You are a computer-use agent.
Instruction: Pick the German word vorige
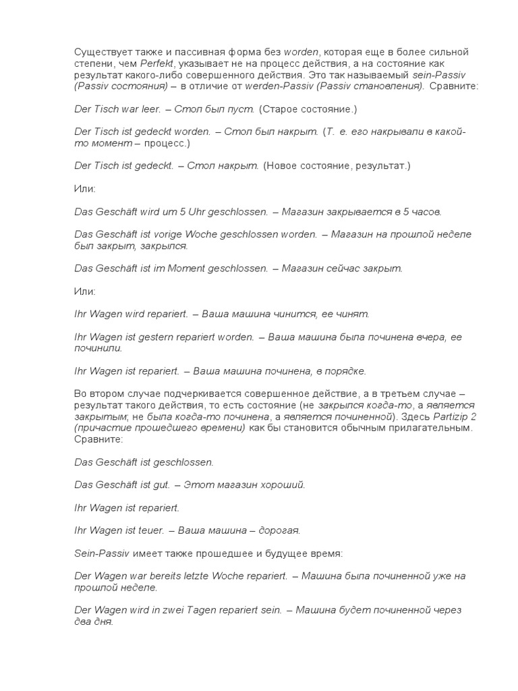[x=174, y=234]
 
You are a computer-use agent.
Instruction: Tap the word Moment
[x=204, y=268]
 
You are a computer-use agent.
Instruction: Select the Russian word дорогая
[x=277, y=530]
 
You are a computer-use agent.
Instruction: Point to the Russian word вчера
[x=428, y=337]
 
